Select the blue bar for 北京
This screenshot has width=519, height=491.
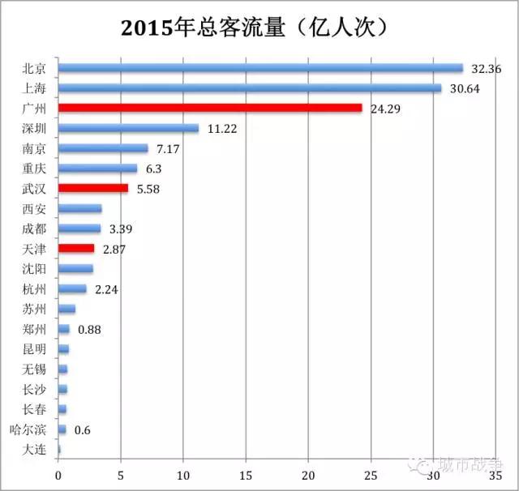[x=259, y=68]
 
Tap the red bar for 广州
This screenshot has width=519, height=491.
[x=210, y=108]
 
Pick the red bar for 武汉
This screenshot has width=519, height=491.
[x=93, y=188]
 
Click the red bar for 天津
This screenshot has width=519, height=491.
[x=76, y=248]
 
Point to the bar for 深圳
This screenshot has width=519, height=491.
[x=128, y=128]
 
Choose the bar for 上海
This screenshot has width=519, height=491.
[x=250, y=88]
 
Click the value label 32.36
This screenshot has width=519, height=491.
[x=485, y=69]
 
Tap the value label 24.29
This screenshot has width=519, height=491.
[x=386, y=109]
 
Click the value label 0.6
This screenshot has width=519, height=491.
[x=82, y=429]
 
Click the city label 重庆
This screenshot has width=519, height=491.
[x=34, y=169]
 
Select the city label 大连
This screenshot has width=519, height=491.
[x=34, y=450]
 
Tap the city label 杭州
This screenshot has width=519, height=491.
[x=34, y=288]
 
